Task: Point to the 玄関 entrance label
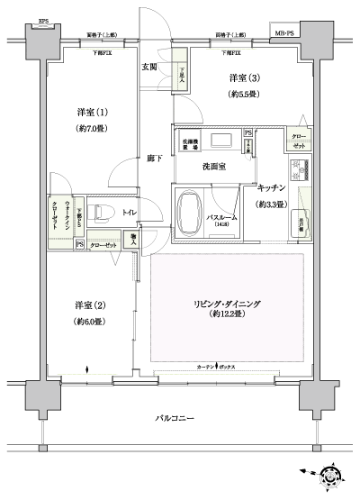151,68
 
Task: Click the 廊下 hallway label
154,159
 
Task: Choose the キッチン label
272,188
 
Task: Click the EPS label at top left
42,18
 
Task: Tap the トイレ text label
130,214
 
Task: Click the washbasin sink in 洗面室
220,139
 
